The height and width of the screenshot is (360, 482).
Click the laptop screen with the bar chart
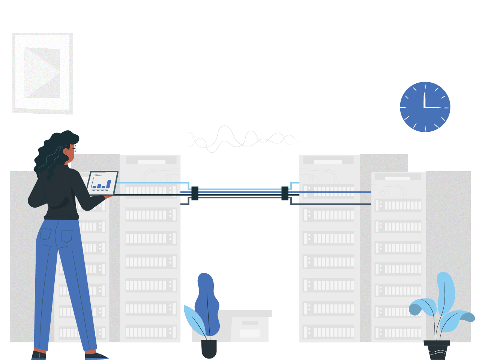(x=102, y=182)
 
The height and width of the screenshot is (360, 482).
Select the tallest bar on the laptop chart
(x=109, y=184)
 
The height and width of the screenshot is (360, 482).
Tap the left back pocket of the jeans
(x=46, y=233)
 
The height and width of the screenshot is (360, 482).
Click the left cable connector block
(x=195, y=193)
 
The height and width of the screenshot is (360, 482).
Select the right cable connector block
(x=285, y=193)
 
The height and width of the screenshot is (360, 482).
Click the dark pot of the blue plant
(x=209, y=349)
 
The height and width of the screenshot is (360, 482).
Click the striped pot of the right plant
(x=437, y=351)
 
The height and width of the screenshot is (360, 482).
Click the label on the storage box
(x=250, y=333)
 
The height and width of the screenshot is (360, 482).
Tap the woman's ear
(x=66, y=152)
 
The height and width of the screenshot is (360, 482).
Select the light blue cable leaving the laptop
(x=150, y=182)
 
